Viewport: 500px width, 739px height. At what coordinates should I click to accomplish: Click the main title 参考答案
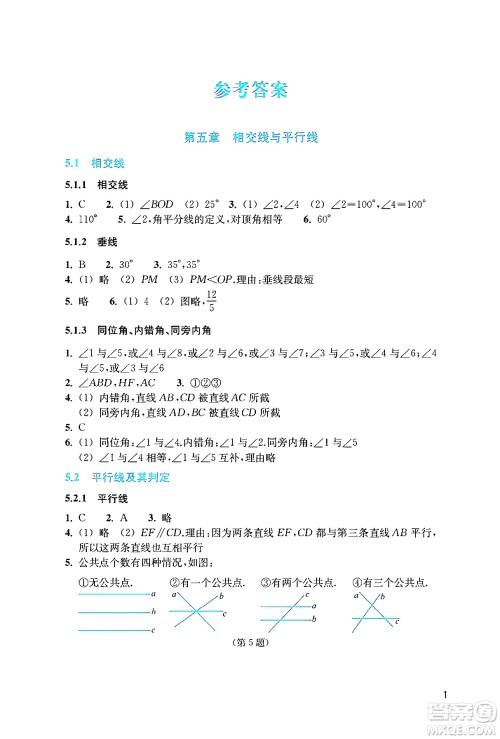pos(250,89)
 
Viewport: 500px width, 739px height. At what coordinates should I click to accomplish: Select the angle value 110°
pos(86,218)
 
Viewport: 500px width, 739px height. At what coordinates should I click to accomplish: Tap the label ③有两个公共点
pos(294,582)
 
